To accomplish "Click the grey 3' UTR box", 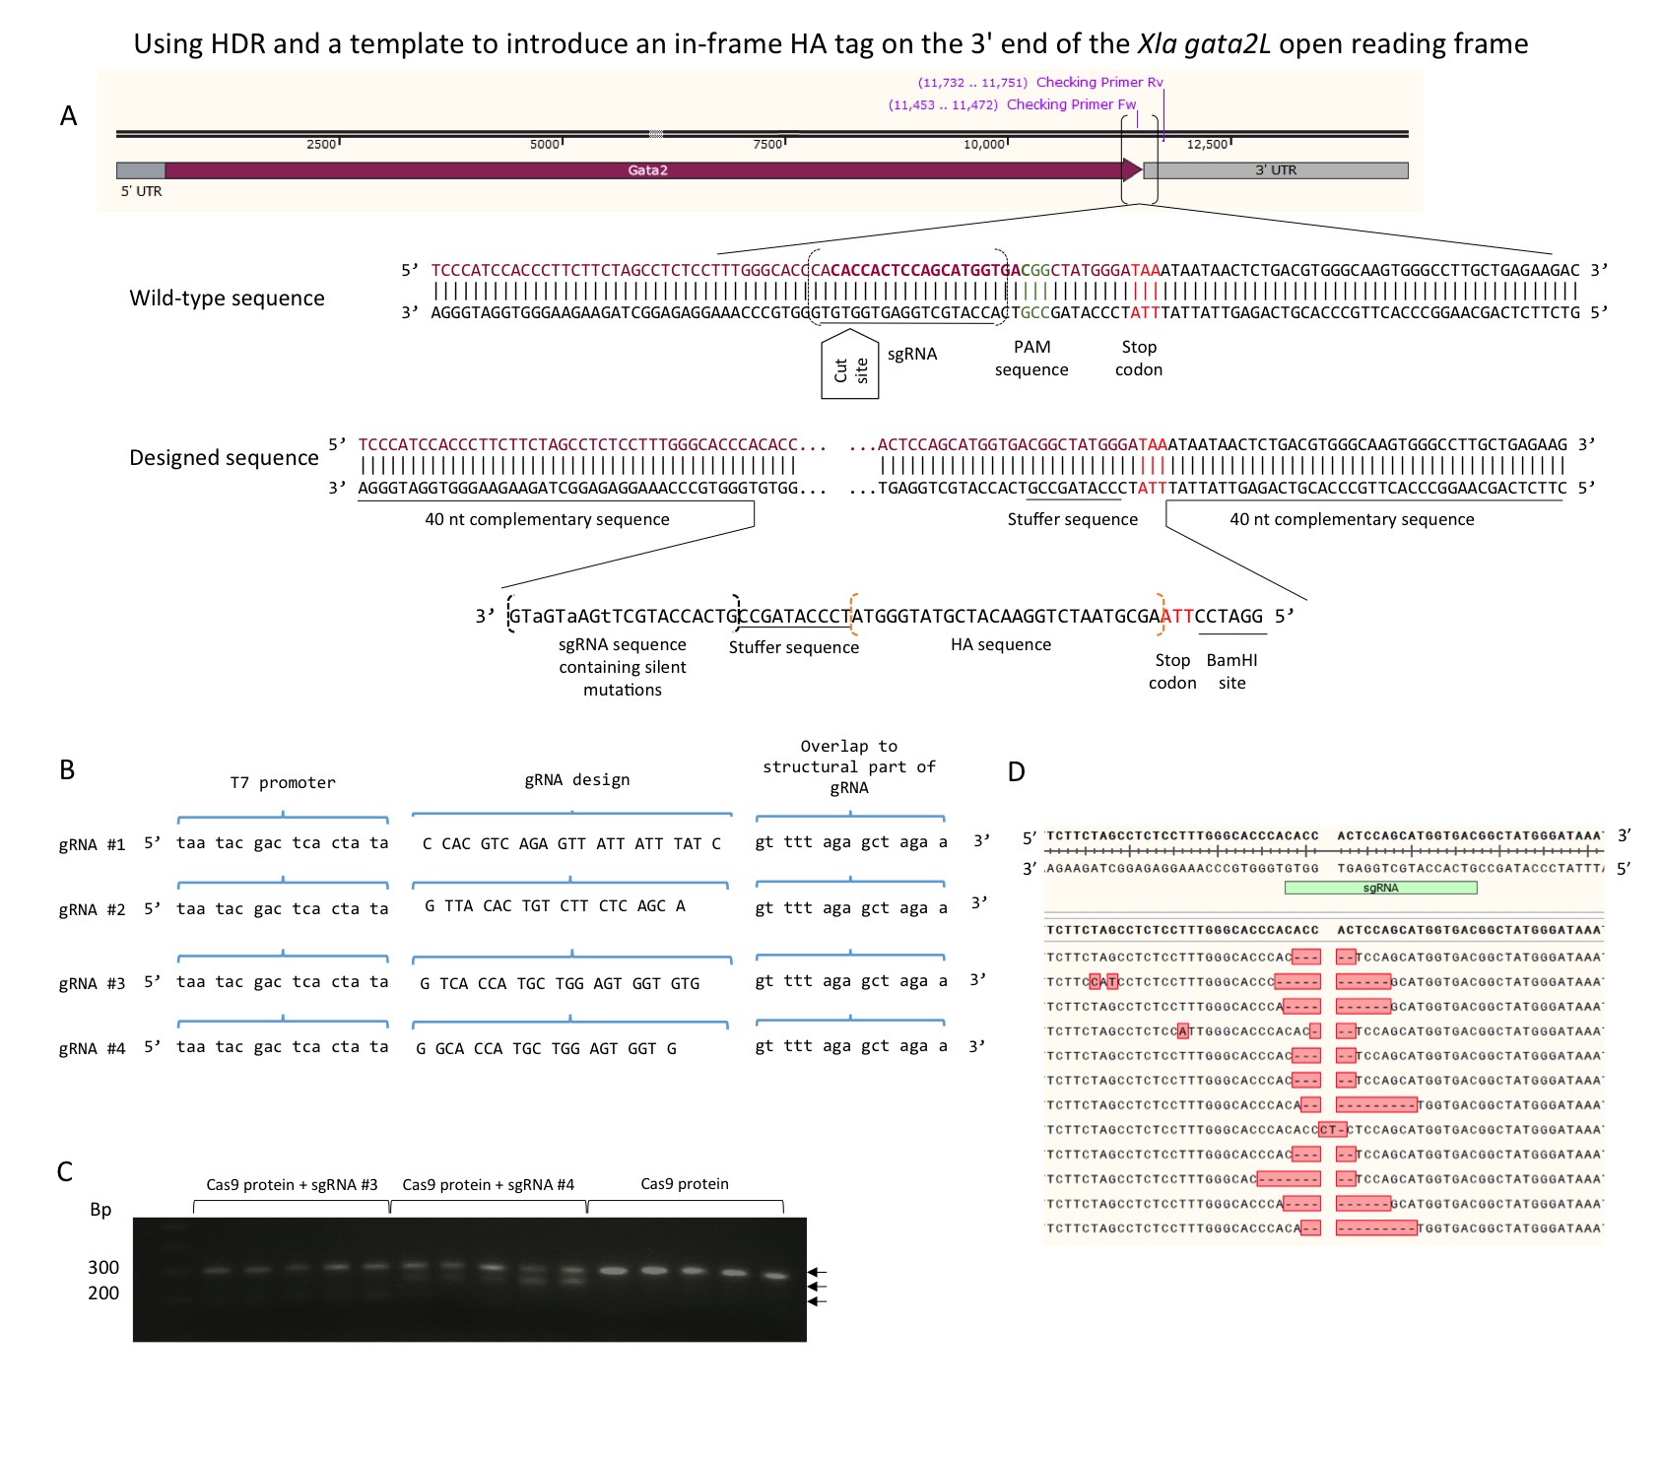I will [x=1275, y=170].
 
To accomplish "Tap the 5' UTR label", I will [x=141, y=191].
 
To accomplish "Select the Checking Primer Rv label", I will [x=1098, y=83].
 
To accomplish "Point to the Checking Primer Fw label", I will [x=1071, y=104].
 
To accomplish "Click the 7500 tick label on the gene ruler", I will [x=767, y=145].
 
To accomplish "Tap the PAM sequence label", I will [x=1031, y=359].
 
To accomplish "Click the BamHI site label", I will [x=1231, y=671].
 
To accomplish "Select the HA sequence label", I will [x=1000, y=644].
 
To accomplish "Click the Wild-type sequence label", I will [x=227, y=298].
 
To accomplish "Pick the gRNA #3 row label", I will [x=92, y=983].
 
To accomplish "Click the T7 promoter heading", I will [x=283, y=782].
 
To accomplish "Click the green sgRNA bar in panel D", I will [x=1379, y=888].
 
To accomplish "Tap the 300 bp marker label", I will [x=103, y=1267].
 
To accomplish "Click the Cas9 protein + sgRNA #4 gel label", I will [x=488, y=1184].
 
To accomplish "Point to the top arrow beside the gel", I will [x=817, y=1272].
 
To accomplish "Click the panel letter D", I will [x=1017, y=772].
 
